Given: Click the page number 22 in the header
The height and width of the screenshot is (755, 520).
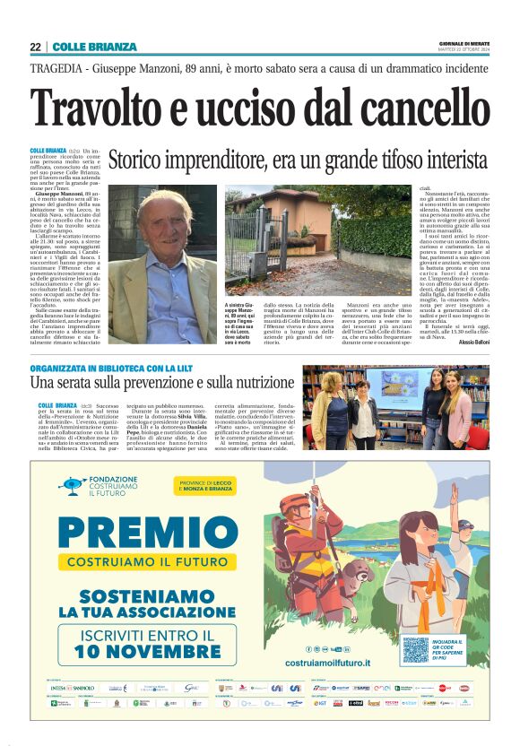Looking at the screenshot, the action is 35,47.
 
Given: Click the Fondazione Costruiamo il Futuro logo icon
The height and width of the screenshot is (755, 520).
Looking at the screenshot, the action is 74,485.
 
